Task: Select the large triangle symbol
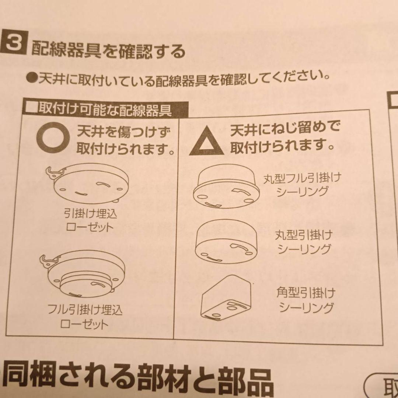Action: point(207,141)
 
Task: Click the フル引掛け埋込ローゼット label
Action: point(85,317)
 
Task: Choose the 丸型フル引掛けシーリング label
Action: point(302,185)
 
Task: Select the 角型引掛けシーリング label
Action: point(306,300)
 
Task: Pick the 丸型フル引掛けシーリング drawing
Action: point(226,187)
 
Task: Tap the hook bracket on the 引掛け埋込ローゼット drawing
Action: point(56,172)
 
